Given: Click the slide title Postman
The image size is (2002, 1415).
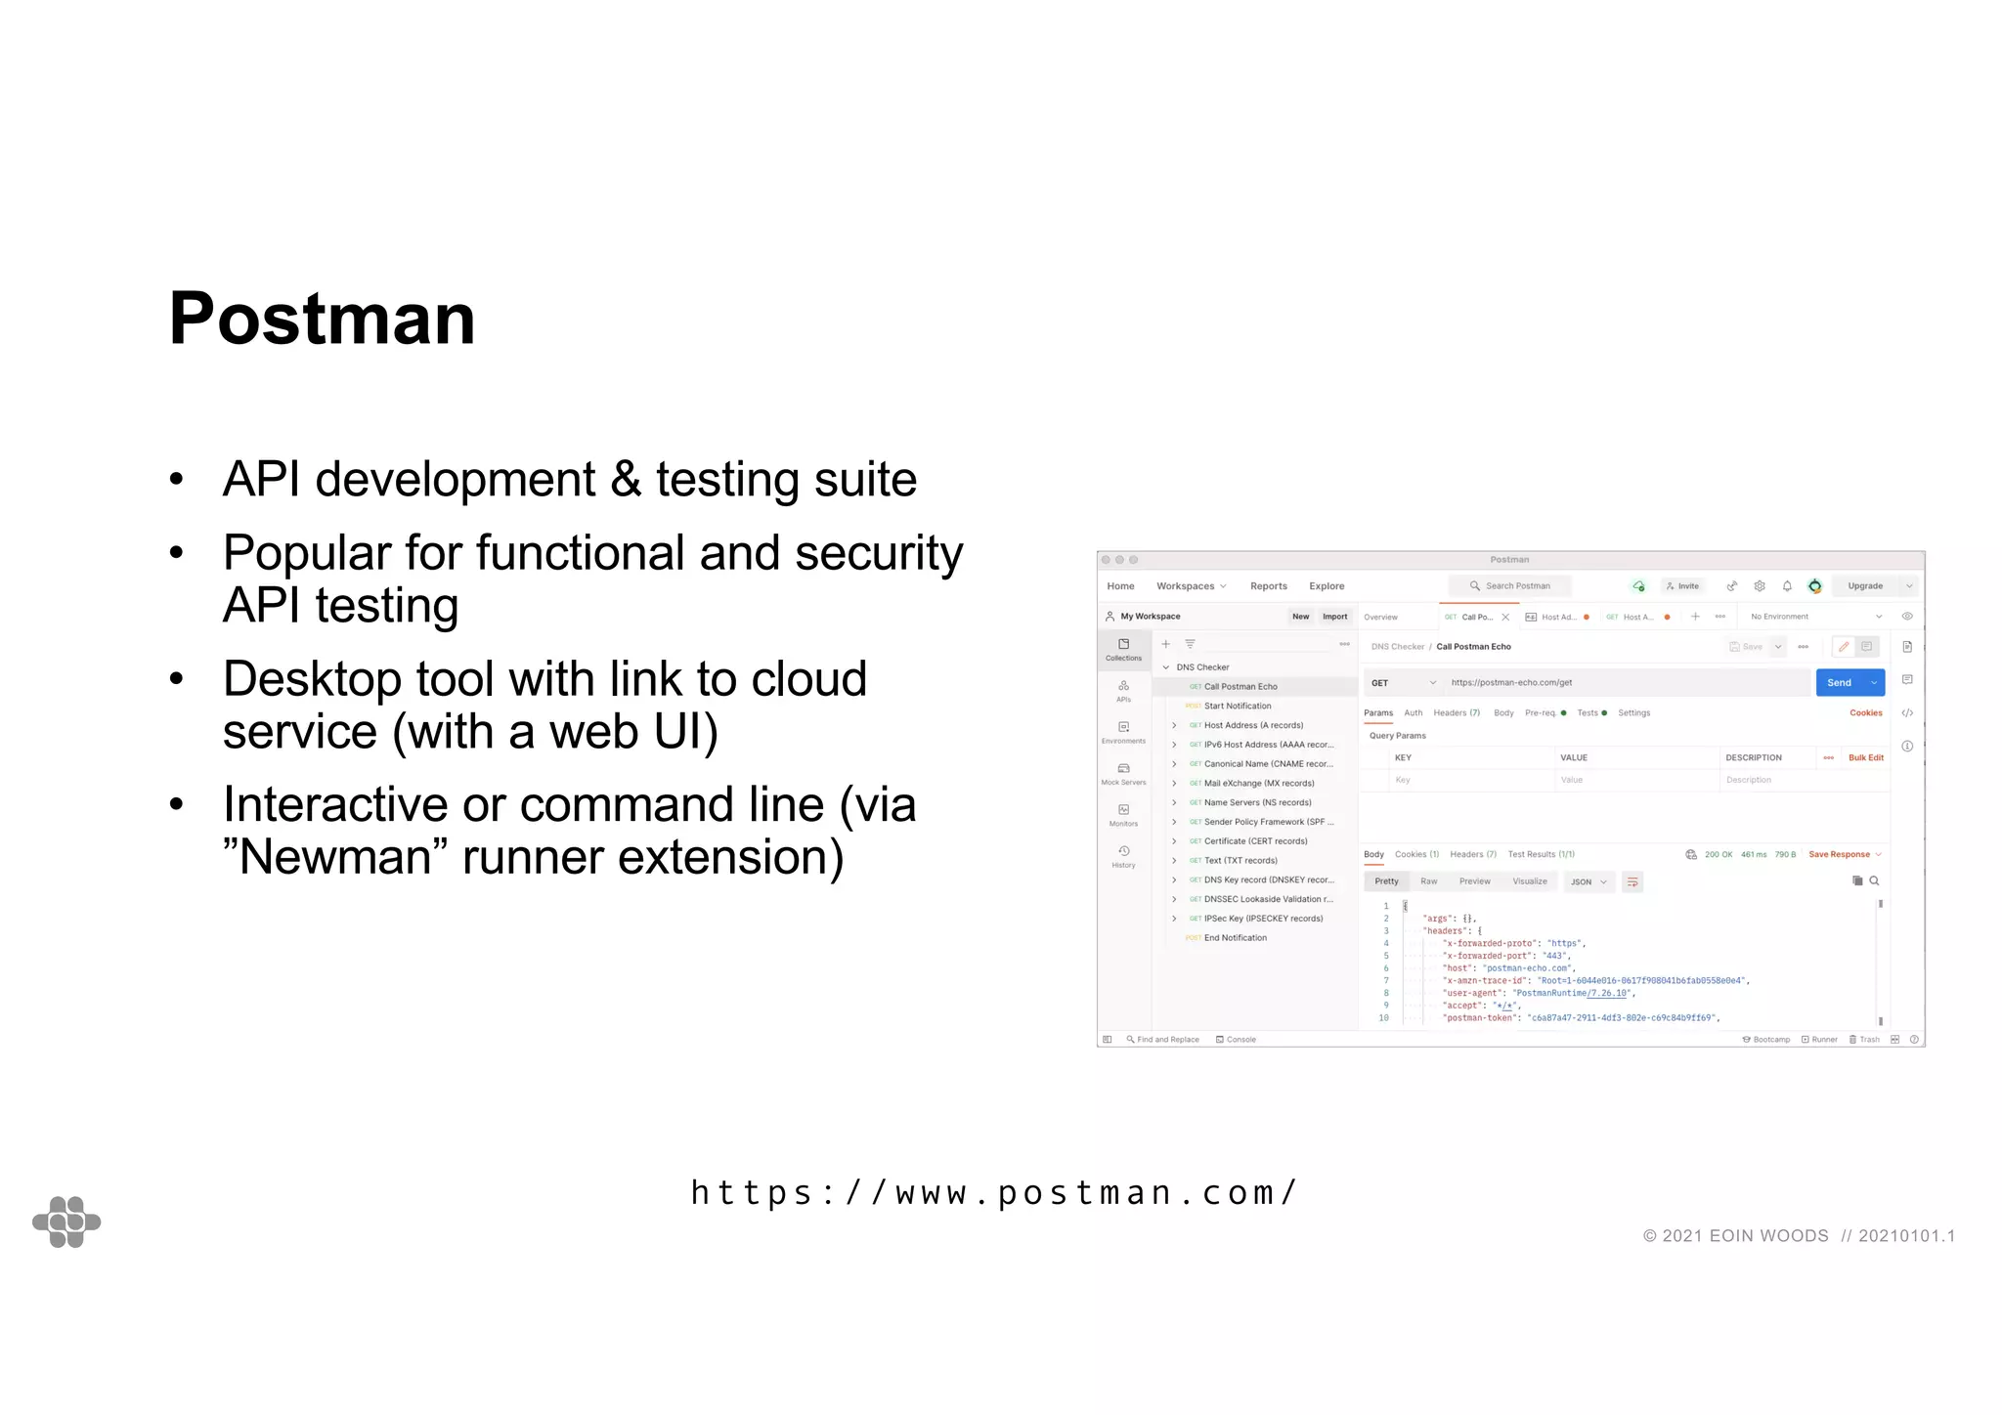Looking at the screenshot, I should (322, 319).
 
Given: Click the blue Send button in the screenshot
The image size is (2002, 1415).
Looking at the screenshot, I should (1840, 683).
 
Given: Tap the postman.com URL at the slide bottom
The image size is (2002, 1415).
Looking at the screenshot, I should (993, 1192).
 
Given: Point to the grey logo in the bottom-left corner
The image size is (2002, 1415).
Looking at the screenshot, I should (66, 1222).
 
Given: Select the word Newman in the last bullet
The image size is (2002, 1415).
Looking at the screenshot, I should (335, 858).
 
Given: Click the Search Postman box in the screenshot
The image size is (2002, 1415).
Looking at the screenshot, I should (1510, 586).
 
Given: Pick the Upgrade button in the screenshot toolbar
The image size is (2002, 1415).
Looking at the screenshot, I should (1865, 586).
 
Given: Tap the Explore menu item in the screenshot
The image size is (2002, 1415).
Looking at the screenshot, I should (1327, 586).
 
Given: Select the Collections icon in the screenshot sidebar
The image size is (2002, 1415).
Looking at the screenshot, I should (1123, 649).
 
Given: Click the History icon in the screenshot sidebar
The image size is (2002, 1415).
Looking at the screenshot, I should (1123, 856).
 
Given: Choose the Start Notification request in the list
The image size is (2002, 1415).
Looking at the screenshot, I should (1238, 706).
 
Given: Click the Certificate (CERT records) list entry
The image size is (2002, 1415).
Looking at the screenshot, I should (1255, 841).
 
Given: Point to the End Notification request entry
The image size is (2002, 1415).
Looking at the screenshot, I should (1235, 938).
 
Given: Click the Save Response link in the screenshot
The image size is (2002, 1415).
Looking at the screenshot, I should (1839, 855).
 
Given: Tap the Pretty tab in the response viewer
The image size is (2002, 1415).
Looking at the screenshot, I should (1386, 881).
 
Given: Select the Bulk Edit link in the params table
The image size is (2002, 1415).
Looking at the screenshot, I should (1865, 758).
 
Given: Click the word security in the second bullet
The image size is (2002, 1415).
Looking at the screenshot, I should (879, 554).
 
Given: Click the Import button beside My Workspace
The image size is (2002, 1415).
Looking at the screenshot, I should (1334, 617).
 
